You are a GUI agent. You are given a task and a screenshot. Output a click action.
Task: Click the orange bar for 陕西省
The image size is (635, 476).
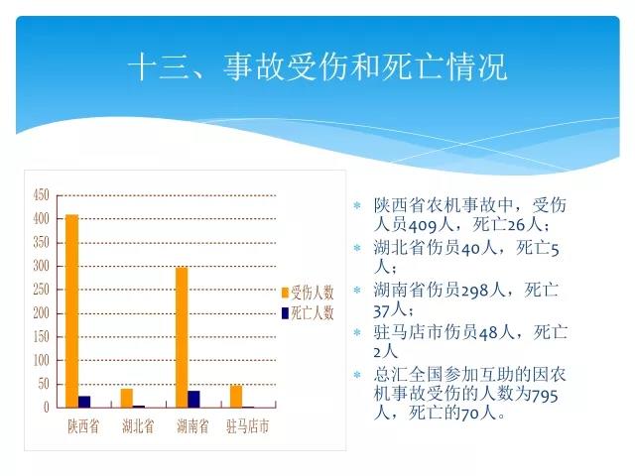click(72, 310)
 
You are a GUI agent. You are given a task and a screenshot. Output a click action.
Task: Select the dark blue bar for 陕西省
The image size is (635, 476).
click(84, 402)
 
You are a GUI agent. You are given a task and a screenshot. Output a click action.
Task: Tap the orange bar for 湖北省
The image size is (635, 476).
click(127, 398)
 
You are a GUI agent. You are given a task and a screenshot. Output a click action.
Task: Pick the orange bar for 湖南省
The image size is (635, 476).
click(182, 337)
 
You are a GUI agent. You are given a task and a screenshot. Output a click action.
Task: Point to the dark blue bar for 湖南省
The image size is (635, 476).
click(194, 399)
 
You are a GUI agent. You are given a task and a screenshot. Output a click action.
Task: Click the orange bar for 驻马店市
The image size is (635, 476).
click(236, 397)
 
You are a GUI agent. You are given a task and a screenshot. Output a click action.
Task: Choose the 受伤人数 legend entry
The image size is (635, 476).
click(308, 293)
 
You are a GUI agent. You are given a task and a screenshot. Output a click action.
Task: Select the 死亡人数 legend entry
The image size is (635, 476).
click(308, 313)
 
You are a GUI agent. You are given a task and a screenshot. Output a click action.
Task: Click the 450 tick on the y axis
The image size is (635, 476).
click(42, 195)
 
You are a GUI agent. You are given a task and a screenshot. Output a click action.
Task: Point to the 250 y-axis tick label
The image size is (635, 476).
click(42, 290)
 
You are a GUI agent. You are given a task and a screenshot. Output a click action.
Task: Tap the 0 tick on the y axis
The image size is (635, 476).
click(47, 407)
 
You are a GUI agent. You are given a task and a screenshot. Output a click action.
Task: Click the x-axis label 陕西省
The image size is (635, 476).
click(83, 426)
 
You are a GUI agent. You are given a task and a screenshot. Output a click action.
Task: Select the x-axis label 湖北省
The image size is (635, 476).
click(138, 426)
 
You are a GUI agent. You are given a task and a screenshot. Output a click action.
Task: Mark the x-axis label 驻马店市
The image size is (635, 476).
click(247, 426)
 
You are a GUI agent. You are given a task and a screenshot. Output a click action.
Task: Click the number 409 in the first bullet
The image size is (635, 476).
click(423, 225)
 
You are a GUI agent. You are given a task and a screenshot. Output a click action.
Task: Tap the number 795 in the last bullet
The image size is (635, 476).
click(544, 395)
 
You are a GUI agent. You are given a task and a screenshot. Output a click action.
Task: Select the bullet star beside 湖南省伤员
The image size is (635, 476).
click(357, 290)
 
